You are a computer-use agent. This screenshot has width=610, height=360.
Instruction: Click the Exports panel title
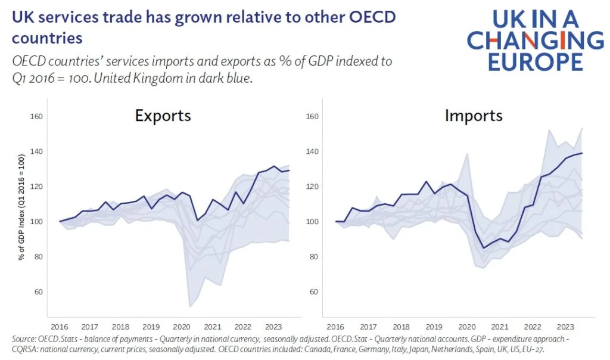(163, 115)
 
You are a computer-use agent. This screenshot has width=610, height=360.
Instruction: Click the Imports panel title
(474, 115)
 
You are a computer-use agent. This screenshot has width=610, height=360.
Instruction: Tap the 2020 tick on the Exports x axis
(181, 327)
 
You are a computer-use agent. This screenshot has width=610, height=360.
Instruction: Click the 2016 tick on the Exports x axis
(59, 327)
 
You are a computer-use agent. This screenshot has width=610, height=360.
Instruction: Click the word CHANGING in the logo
(535, 41)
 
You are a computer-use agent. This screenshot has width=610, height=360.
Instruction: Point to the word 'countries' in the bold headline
(46, 38)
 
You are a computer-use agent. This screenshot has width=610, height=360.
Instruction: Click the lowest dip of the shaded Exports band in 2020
(190, 307)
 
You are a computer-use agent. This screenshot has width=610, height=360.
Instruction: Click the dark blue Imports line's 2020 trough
(484, 248)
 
